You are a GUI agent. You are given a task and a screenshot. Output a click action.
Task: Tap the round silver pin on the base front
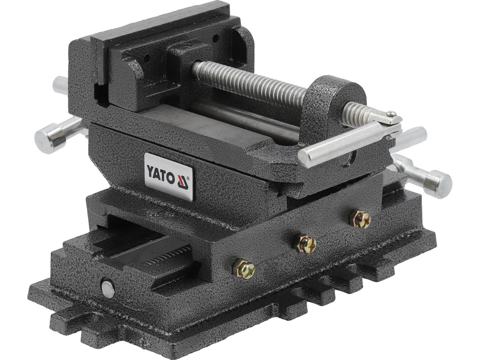108,288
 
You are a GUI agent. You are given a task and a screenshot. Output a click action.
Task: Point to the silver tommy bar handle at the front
346,143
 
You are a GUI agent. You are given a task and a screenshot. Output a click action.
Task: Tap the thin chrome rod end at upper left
60,85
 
